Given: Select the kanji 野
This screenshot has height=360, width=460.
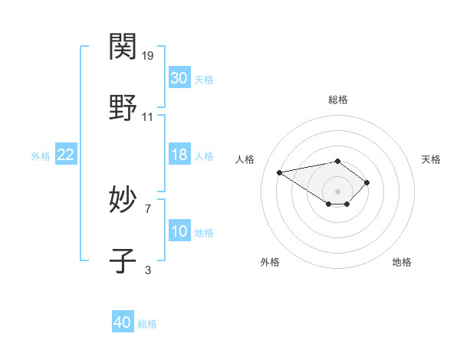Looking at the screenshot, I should [123, 107].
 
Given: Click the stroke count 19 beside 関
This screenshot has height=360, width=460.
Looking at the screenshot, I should [149, 55].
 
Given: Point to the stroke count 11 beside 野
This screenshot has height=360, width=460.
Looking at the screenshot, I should [148, 116].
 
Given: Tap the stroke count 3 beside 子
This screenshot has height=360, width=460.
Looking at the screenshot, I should [148, 270].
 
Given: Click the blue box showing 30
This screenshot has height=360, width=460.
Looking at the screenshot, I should [179, 78].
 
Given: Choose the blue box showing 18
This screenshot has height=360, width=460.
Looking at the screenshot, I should [179, 155].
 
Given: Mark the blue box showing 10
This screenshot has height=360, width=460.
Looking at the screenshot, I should [179, 231].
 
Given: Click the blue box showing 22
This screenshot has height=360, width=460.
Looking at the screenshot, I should [65, 155].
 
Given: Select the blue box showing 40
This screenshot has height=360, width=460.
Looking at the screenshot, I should [123, 322].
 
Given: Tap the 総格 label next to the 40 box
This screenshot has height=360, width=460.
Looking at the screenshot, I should [147, 324].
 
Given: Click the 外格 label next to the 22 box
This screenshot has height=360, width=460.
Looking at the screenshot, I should [41, 156].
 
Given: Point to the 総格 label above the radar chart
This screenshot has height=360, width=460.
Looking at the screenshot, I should [337, 100].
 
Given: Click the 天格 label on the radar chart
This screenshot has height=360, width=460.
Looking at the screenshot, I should [431, 159].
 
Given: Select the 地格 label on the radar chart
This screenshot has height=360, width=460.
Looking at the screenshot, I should [402, 262].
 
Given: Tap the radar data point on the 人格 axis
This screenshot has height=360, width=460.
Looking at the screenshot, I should [280, 172].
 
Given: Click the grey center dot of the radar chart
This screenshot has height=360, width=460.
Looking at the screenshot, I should [337, 191].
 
